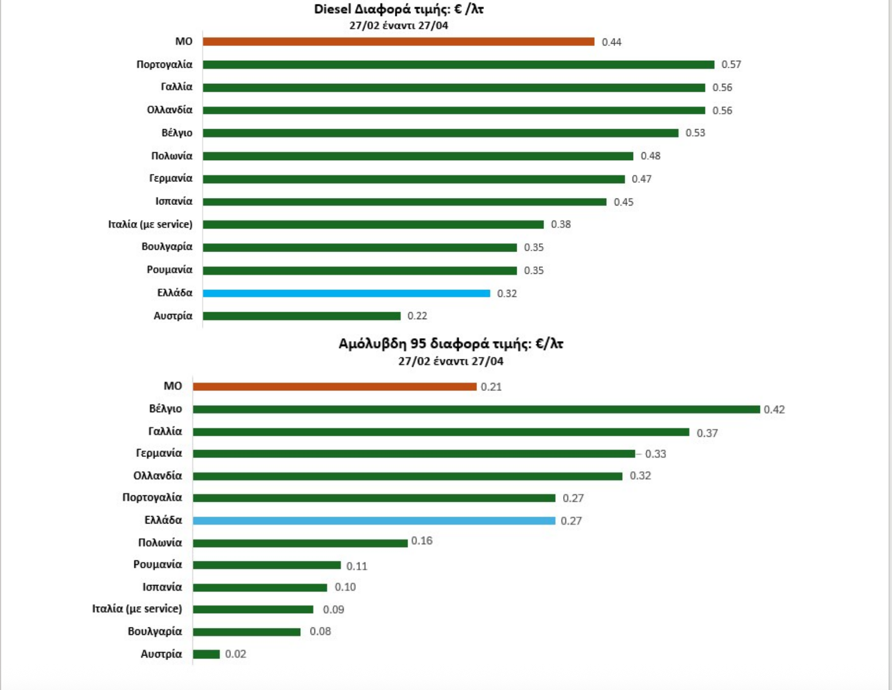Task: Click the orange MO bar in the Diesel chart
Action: [x=398, y=42]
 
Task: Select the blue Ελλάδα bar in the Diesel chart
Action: [x=346, y=293]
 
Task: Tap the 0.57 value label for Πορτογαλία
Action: [x=731, y=65]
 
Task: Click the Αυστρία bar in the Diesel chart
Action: [x=301, y=316]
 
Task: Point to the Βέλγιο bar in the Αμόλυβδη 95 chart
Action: [x=476, y=409]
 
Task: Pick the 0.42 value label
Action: [x=774, y=410]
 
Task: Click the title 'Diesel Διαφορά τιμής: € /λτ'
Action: [x=398, y=10]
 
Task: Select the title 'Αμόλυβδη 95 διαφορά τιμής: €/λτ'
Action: [x=451, y=344]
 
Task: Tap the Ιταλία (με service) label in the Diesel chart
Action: [x=150, y=224]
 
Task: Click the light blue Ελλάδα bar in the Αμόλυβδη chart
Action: [x=374, y=521]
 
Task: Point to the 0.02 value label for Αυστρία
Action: [x=235, y=654]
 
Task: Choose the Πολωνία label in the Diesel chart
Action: [x=172, y=156]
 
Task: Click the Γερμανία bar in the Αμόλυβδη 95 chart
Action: [x=414, y=453]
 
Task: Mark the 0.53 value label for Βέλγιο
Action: [x=695, y=133]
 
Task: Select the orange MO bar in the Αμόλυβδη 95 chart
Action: [x=335, y=387]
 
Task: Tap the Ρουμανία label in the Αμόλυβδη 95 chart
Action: [x=157, y=565]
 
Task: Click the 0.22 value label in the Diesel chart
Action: [x=417, y=316]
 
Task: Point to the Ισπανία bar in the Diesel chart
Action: [x=404, y=202]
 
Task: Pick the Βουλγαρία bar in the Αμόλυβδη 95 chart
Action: [x=247, y=632]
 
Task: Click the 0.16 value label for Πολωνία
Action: [x=422, y=541]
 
